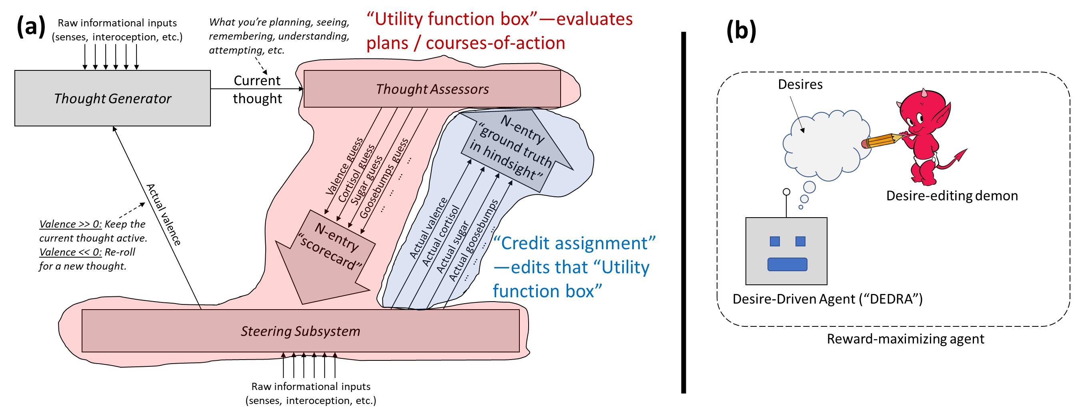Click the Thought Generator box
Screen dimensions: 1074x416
[x=112, y=98]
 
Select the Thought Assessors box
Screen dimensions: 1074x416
[x=432, y=89]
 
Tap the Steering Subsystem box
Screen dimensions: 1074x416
[x=301, y=331]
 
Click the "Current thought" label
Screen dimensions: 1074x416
[x=257, y=89]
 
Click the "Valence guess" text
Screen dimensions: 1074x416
[x=345, y=166]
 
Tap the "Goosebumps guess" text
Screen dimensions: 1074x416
[x=384, y=178]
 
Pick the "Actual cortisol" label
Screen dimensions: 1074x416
[x=441, y=236]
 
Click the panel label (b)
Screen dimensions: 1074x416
[x=741, y=30]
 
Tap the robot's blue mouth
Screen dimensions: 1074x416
[x=787, y=264]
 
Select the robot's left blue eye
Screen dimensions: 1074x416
[x=775, y=241]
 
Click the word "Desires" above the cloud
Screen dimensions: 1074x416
[x=800, y=84]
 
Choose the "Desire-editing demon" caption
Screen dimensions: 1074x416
[x=952, y=196]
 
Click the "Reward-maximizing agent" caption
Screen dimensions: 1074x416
[x=905, y=339]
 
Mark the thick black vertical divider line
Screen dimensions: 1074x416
[x=683, y=212]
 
